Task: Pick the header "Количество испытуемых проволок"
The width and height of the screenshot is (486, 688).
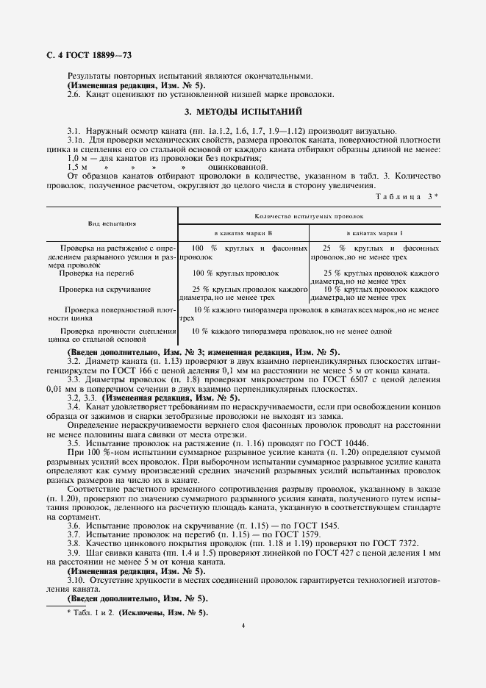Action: [x=309, y=218]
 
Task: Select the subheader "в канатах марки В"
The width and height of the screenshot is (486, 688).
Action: [x=243, y=232]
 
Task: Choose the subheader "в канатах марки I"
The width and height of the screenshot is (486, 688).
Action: [x=375, y=232]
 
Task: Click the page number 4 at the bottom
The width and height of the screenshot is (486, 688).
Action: [x=243, y=625]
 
